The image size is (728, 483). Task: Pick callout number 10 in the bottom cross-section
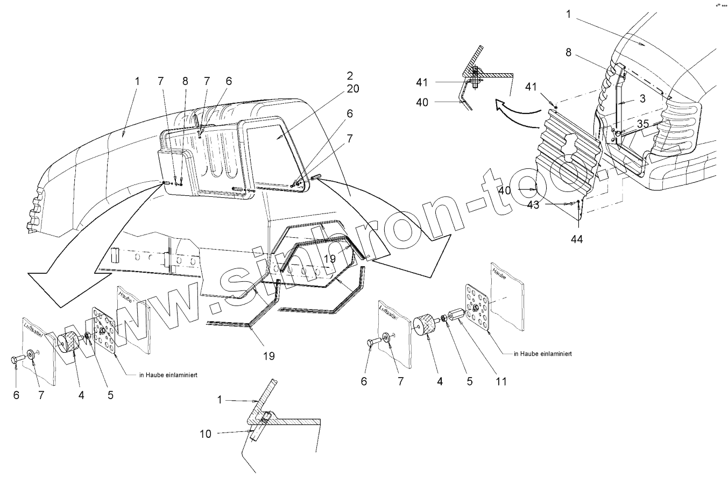(x=206, y=434)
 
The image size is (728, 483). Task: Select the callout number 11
(x=501, y=381)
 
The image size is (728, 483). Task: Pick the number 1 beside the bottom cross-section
(x=220, y=400)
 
